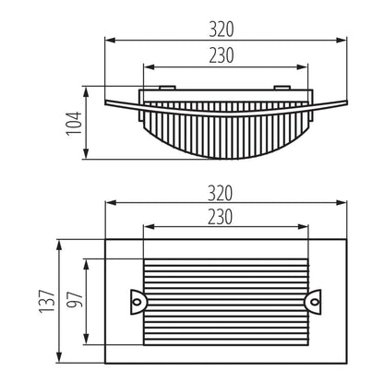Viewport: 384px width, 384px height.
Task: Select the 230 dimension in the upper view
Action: pos(219,56)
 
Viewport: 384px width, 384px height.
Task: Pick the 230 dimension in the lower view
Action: pos(219,218)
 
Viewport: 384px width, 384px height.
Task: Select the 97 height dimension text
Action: pos(76,300)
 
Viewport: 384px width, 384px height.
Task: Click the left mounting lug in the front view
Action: pos(139,299)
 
